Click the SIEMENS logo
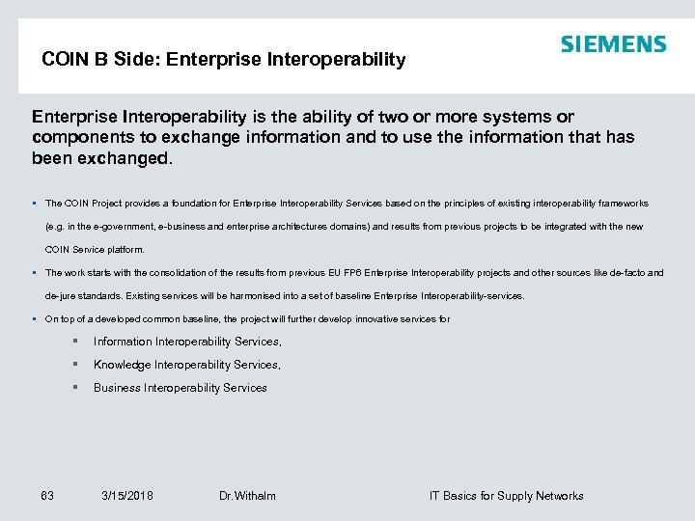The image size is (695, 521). point(613,44)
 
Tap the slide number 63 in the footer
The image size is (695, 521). point(47,496)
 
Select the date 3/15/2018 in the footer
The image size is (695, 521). point(127,496)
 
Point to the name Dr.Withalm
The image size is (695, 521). point(247,496)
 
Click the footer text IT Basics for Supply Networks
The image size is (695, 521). point(506,496)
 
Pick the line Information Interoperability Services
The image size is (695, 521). point(187,342)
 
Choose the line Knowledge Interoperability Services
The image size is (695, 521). point(187,365)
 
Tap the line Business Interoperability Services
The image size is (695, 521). point(180,388)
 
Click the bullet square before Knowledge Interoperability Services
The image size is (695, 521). point(74,365)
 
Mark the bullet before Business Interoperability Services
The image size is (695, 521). point(74,388)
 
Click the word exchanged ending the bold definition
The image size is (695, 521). point(122,159)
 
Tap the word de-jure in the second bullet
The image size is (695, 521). point(63,296)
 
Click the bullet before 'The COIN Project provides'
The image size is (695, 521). point(35,204)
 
